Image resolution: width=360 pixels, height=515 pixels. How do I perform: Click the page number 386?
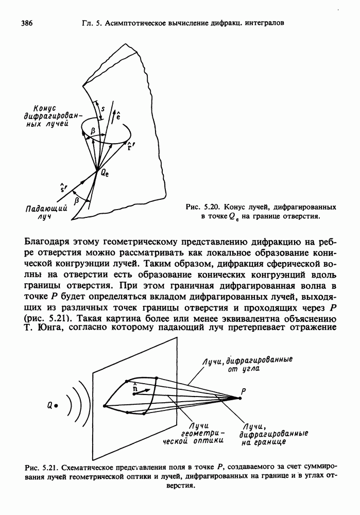point(27,23)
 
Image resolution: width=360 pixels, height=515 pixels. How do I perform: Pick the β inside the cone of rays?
point(93,132)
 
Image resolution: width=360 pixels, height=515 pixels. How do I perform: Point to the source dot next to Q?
point(56,406)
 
